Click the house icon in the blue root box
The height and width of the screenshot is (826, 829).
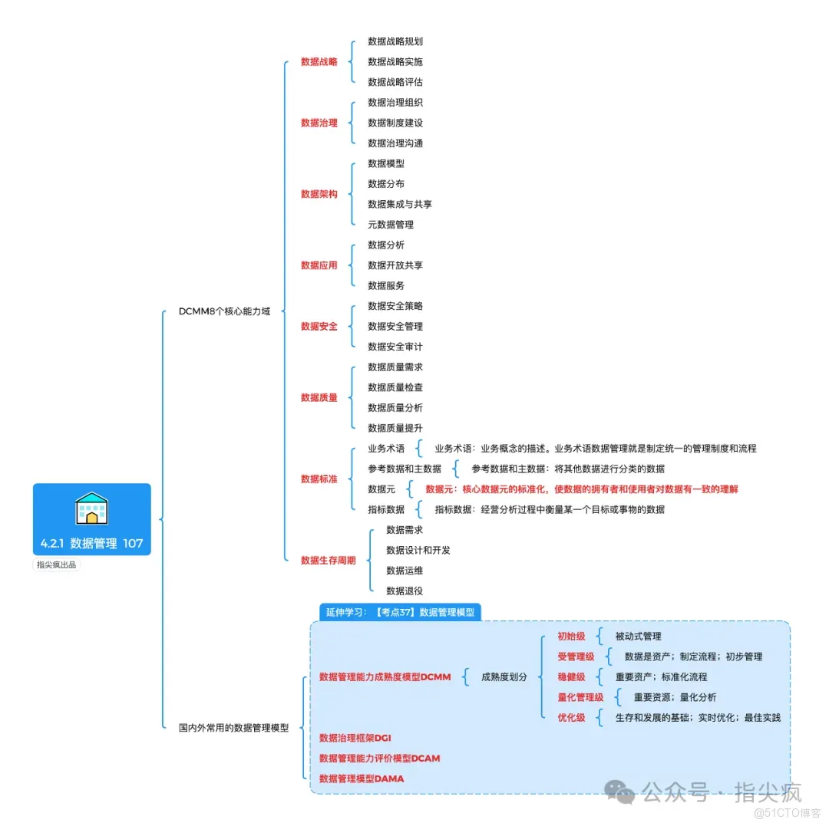click(x=91, y=508)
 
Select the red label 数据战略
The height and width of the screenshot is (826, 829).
click(x=319, y=62)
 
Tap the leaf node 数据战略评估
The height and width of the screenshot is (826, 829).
click(x=395, y=82)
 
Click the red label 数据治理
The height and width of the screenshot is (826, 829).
click(x=319, y=123)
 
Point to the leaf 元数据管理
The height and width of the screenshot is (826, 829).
click(x=391, y=225)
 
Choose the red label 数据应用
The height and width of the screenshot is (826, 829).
click(x=319, y=265)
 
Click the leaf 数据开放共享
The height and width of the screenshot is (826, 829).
click(x=395, y=265)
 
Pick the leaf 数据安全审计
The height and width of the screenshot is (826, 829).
click(x=395, y=347)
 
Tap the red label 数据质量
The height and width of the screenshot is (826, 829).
click(x=319, y=397)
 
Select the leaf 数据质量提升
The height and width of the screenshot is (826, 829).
click(x=395, y=428)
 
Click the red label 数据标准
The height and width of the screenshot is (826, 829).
click(x=319, y=479)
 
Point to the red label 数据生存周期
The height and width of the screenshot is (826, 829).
click(x=328, y=561)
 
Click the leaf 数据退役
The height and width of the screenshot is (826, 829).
click(x=405, y=591)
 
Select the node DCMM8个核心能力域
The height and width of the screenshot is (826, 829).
click(x=224, y=311)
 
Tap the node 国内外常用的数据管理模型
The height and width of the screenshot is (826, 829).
click(x=233, y=728)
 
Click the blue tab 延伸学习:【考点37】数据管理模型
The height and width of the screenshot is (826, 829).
click(x=400, y=612)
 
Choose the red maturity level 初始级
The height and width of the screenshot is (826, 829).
click(x=571, y=637)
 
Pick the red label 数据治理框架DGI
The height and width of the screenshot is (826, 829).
click(x=355, y=738)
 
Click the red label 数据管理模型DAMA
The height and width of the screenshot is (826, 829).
click(x=361, y=778)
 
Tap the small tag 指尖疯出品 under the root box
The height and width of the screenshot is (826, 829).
click(x=56, y=565)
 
